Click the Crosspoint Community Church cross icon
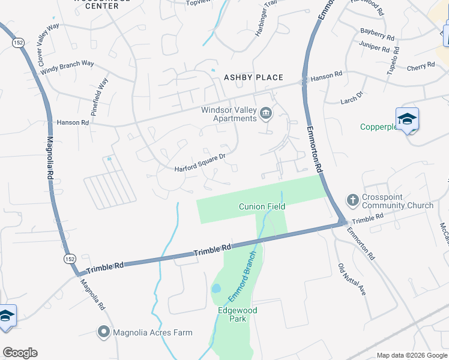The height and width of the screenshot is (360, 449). pos(353,199)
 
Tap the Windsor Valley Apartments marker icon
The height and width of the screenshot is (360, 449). pos(266,112)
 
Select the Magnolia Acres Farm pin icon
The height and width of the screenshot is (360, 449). pos(104,332)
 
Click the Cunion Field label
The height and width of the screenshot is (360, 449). pos(262,206)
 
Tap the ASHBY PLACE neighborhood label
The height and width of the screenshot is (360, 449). pos(253,77)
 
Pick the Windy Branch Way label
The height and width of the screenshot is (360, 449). pos(67,67)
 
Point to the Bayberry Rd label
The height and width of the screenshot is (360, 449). pos(377,34)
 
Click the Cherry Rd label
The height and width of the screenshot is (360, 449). pos(420,66)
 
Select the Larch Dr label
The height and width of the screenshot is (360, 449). pos(352,97)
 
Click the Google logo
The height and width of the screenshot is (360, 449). pos(20,353)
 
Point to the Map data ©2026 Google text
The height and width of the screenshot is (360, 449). pos(411,355)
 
